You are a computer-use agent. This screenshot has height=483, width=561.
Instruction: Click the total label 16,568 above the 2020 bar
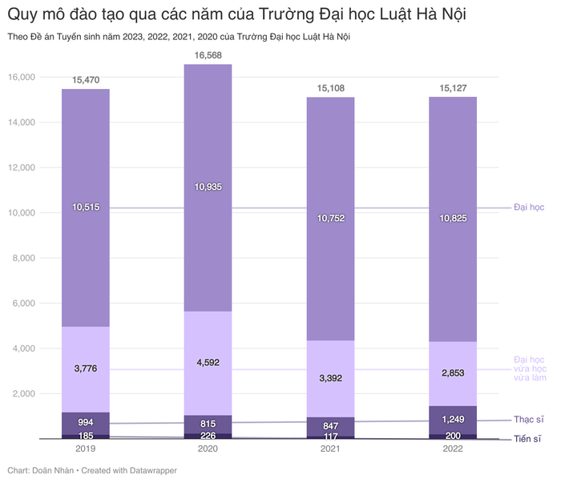pos(208,55)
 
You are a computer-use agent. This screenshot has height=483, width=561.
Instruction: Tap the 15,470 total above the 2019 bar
pos(86,80)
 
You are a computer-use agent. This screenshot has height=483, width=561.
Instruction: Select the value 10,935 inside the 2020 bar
pos(208,187)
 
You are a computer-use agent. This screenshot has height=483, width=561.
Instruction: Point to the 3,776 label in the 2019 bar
pos(86,368)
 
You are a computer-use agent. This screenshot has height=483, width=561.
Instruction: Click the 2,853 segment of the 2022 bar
pos(453,372)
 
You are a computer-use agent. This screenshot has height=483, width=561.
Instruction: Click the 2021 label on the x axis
pos(330,450)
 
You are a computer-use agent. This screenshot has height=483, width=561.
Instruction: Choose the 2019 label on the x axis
pos(86,450)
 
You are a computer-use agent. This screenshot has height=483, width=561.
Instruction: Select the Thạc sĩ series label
pos(528,420)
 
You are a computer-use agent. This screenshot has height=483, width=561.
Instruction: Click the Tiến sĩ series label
pos(528,439)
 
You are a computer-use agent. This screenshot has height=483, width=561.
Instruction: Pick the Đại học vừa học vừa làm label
pos(529,368)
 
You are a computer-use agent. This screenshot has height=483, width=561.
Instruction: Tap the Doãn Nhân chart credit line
pos(91,470)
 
